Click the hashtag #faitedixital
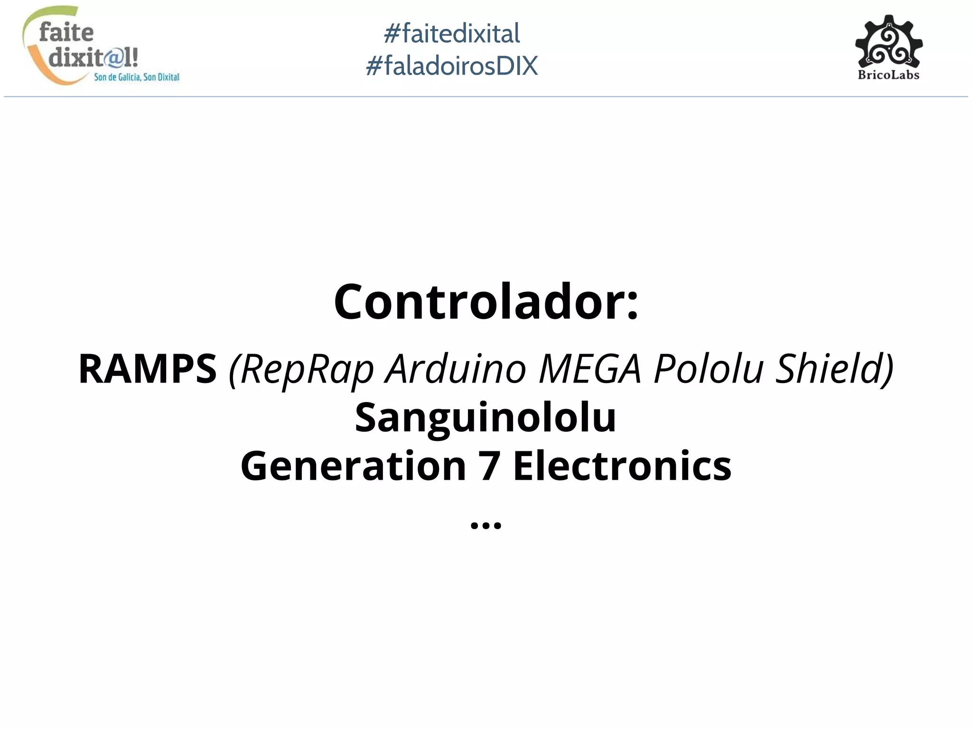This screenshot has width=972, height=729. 451,34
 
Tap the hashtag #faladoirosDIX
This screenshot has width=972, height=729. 451,65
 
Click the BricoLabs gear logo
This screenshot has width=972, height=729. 888,42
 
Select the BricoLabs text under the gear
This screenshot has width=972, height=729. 888,75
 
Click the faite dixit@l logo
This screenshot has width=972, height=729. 90,46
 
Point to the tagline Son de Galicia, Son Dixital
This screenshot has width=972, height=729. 137,77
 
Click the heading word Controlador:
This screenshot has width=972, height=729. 486,302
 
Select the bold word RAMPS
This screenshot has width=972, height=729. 148,369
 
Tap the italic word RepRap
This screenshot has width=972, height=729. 307,369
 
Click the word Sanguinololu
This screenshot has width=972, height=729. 486,418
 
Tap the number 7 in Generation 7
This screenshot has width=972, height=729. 489,466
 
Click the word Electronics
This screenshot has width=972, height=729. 622,466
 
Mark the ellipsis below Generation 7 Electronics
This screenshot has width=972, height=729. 486,525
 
